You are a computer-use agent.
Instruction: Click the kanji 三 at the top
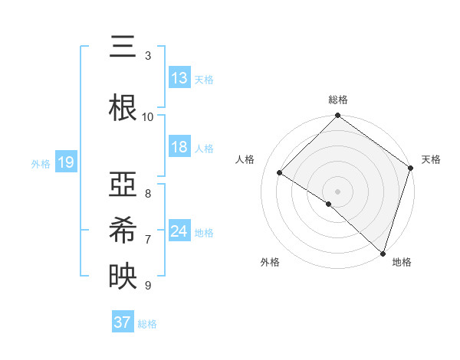[x=123, y=47]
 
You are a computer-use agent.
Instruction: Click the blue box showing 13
[x=179, y=78]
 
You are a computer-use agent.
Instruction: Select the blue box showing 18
[x=179, y=148]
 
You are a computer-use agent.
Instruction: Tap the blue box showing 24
[x=179, y=231]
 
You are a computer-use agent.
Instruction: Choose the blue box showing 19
[x=65, y=162]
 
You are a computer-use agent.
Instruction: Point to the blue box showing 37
[x=123, y=322]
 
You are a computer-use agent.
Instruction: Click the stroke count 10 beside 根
[x=148, y=116]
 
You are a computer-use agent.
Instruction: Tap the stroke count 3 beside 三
[x=148, y=56]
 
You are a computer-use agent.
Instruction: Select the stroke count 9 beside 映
[x=148, y=286]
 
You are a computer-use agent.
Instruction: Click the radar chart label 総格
[x=338, y=100]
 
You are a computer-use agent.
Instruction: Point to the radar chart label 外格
[x=270, y=263]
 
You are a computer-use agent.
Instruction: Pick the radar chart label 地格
[x=402, y=263]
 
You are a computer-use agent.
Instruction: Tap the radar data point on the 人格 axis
[x=280, y=173]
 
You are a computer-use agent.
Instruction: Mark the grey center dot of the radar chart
[x=337, y=191]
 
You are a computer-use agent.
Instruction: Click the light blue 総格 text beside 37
[x=147, y=324]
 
